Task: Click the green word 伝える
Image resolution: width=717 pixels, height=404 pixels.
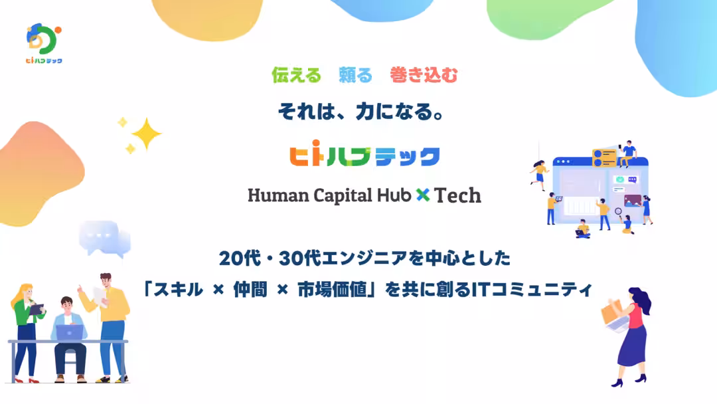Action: click(x=296, y=75)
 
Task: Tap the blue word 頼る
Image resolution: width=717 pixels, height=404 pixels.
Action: click(x=355, y=75)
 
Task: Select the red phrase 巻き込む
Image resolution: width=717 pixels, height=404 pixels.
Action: click(x=424, y=75)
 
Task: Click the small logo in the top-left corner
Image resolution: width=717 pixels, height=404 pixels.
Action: click(x=43, y=43)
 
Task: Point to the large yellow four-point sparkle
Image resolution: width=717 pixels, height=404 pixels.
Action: click(x=146, y=134)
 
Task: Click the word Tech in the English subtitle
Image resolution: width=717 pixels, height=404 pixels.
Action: click(x=457, y=195)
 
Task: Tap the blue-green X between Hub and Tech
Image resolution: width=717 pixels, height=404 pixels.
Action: click(x=423, y=195)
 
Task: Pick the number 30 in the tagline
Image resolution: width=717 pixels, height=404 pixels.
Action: click(x=291, y=258)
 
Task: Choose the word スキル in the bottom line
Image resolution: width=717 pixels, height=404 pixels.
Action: click(x=179, y=290)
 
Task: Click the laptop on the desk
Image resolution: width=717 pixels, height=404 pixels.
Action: click(x=70, y=333)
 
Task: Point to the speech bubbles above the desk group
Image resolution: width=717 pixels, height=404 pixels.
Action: click(x=105, y=238)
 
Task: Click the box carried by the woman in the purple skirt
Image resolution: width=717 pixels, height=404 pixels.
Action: click(x=613, y=312)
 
